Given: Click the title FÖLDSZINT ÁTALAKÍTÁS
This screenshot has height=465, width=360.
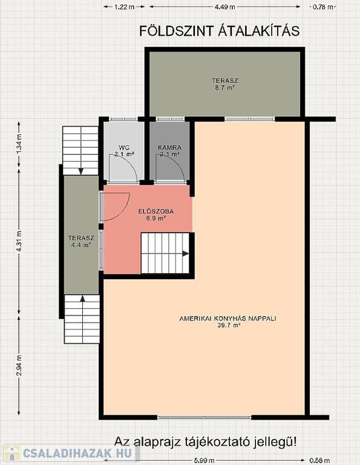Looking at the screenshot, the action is click(219, 31).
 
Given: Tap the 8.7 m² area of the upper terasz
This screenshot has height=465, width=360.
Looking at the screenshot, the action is click(225, 87).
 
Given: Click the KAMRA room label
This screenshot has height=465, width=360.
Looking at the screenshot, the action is click(169, 147).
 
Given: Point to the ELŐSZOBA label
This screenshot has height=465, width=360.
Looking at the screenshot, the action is click(156, 211).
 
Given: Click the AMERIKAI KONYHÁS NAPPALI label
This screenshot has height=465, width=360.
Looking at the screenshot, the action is click(228, 318).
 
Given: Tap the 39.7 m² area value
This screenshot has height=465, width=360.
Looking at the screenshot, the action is click(228, 325).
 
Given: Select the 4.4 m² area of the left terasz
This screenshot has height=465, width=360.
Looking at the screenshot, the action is click(81, 245).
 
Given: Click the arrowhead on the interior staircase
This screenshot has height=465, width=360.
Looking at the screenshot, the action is click(186, 254).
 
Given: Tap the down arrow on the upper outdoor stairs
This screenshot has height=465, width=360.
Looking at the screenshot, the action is click(80, 171).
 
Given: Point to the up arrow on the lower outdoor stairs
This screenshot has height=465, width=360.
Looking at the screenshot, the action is click(82, 298).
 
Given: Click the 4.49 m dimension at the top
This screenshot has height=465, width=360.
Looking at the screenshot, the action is click(225, 7).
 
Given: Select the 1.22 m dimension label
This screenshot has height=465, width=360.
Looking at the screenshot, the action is click(125, 7).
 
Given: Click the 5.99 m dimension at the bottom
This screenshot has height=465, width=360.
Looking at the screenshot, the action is click(204, 461).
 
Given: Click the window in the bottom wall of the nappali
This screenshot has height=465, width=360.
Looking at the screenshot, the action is click(204, 417).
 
